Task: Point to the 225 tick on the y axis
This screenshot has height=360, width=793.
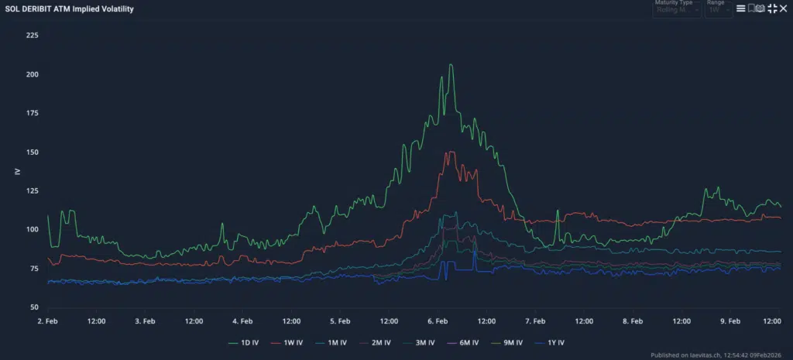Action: [33, 36]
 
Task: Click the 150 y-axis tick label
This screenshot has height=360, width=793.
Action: [33, 152]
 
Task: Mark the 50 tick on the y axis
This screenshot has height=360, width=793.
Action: [35, 307]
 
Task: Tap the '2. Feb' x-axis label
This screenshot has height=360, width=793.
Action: [48, 321]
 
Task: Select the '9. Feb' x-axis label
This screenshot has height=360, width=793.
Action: [730, 321]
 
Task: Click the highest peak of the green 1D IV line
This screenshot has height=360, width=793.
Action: [451, 65]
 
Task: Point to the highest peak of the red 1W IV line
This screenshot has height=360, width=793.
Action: [449, 152]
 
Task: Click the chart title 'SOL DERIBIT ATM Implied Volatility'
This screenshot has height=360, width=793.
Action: [69, 9]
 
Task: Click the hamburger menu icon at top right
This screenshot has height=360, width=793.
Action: [740, 9]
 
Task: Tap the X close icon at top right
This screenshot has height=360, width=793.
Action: [784, 9]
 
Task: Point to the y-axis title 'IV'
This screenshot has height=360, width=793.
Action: [17, 171]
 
